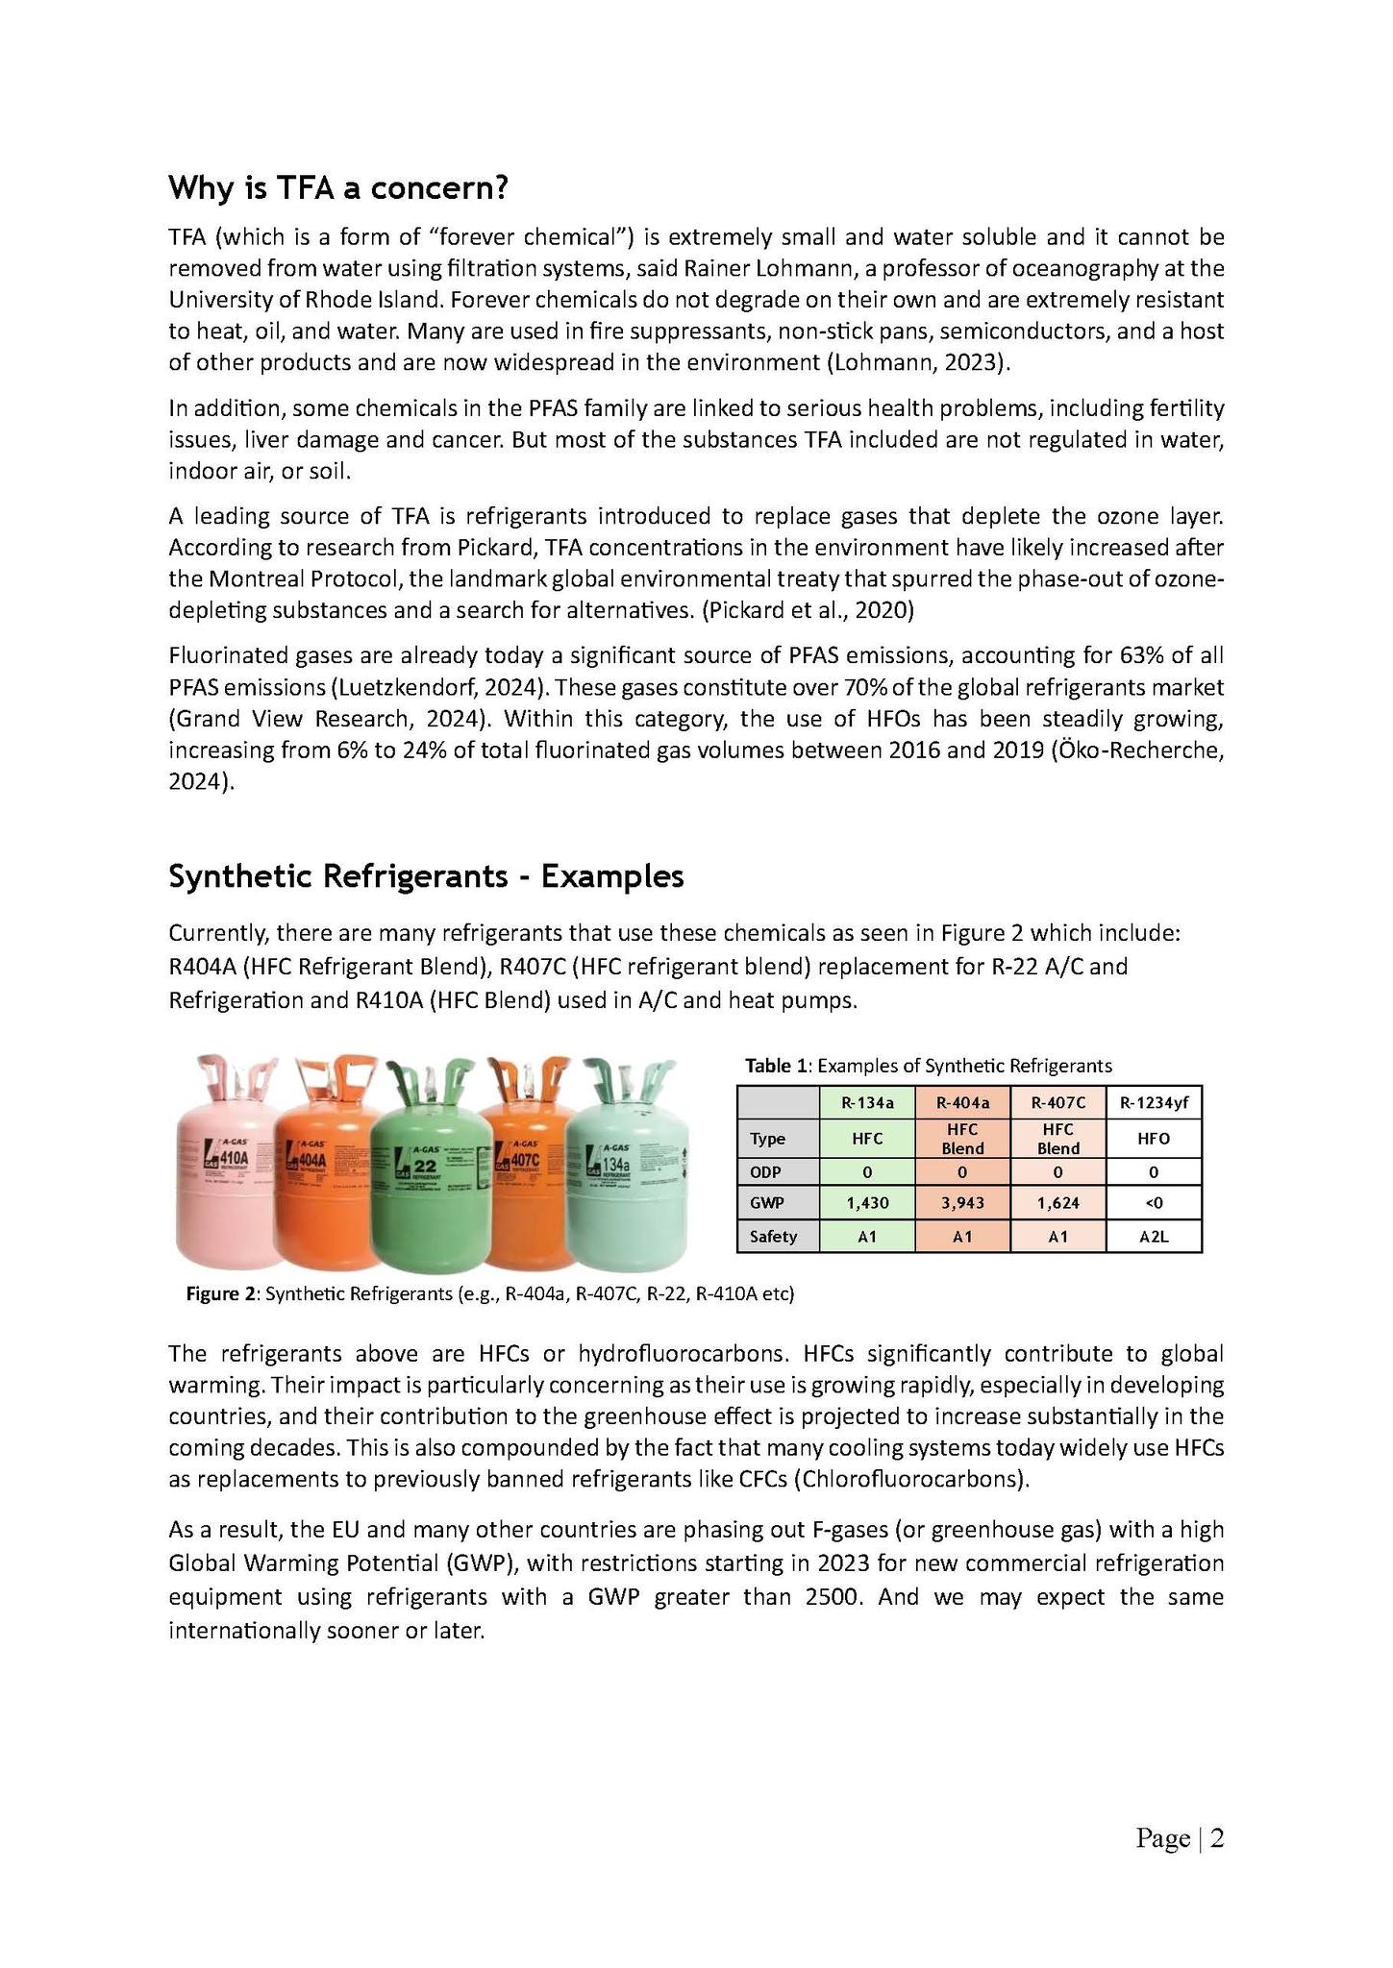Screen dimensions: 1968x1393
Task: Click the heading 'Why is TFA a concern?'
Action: pos(337,188)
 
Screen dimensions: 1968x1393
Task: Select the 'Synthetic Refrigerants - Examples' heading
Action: pos(426,876)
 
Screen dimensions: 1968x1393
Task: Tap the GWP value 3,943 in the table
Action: pos(962,1202)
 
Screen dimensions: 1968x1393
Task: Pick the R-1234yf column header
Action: pos(1154,1102)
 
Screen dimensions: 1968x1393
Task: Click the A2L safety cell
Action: pos(1154,1237)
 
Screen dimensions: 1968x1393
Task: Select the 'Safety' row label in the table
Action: pos(774,1237)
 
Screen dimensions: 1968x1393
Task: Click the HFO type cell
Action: pos(1154,1139)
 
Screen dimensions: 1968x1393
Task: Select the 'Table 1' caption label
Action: pos(777,1065)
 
